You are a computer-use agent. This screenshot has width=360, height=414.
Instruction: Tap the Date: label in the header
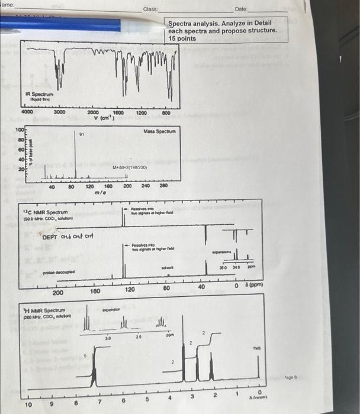[x=241, y=10]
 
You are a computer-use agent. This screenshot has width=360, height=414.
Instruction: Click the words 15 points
[x=181, y=38]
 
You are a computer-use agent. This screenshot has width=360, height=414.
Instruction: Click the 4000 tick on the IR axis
[x=27, y=112]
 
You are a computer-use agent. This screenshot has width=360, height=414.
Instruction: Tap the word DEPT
[x=52, y=237]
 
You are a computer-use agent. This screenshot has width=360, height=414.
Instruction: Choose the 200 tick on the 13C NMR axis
[x=58, y=292]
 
